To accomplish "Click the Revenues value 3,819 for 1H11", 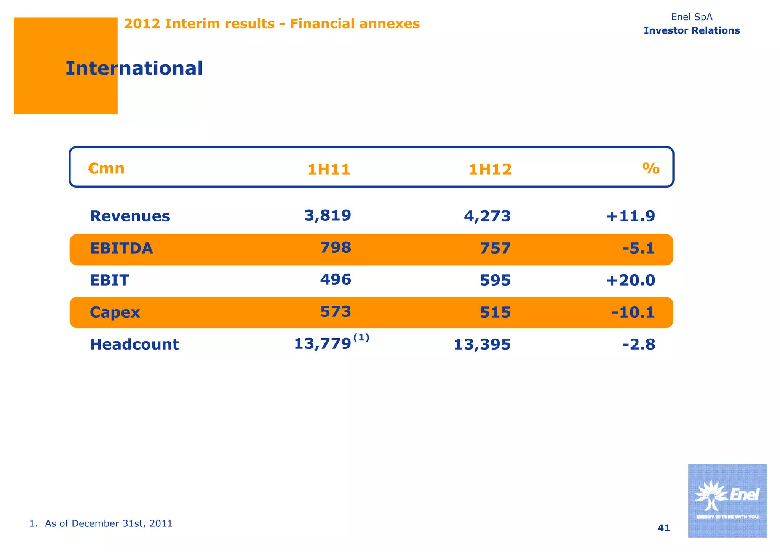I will [328, 216].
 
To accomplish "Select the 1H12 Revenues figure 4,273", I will [487, 217].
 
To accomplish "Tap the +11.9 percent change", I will [631, 217].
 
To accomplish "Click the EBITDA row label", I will [121, 249].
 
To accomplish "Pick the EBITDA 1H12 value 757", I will [495, 249].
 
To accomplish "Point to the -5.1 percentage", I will [638, 249].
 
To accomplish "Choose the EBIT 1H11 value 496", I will [335, 280].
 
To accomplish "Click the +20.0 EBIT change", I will [631, 281].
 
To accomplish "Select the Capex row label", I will [115, 313].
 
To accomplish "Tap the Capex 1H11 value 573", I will [335, 312].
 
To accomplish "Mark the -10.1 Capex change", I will [633, 313].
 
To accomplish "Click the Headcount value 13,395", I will [482, 345].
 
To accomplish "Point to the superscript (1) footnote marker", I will [361, 337].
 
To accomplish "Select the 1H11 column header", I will [329, 169].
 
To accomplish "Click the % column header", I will [651, 168].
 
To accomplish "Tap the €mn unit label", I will [106, 168].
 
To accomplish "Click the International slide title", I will [134, 69].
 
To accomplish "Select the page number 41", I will [663, 528].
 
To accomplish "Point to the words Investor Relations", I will [692, 30].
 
